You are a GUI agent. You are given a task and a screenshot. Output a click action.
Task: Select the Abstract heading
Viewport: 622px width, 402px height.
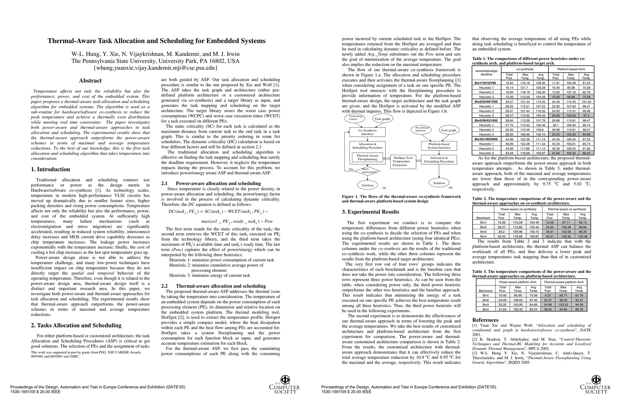coord(90,81)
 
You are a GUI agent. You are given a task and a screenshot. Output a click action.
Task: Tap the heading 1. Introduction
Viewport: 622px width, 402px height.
coord(50,169)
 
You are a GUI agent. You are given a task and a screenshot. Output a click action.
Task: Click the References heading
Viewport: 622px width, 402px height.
coord(486,320)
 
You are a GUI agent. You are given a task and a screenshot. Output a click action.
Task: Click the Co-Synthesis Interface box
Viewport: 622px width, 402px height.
coord(367,132)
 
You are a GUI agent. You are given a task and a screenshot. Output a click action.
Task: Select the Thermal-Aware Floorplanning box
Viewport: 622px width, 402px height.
coord(367,157)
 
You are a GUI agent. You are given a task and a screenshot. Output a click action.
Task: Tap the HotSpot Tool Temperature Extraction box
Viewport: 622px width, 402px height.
coord(403,161)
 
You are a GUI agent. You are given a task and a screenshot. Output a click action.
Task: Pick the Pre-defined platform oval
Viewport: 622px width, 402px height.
coord(422,129)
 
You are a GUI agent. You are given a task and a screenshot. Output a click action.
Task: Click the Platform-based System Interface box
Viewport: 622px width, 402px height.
coord(439,146)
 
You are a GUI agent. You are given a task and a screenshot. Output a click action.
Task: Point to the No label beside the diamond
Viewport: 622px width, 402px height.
coord(351,169)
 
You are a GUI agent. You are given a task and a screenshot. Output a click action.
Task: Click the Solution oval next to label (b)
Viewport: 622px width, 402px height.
coord(439,183)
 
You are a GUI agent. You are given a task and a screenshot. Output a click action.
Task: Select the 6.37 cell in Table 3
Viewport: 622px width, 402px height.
coord(548,295)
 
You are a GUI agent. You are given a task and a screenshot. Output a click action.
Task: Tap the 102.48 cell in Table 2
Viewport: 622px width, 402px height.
coord(583,236)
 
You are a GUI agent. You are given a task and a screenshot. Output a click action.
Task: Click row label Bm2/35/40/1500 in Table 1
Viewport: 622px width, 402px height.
coord(486,102)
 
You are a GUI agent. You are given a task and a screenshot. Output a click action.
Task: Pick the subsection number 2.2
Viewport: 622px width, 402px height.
coord(164,286)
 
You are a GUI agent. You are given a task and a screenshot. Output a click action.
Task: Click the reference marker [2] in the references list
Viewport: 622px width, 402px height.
coord(475,339)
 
